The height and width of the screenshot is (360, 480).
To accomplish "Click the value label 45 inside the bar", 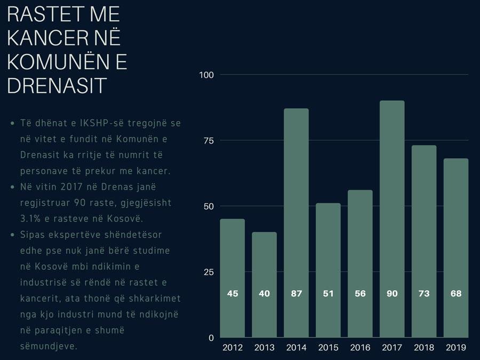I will click(x=233, y=293).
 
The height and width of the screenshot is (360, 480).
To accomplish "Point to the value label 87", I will click(x=296, y=293).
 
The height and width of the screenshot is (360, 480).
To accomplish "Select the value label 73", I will click(x=424, y=293).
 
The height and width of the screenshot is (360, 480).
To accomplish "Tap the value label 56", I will click(x=360, y=293).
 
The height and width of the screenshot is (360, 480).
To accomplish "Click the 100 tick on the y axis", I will click(x=206, y=75).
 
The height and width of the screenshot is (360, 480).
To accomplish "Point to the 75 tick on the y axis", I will click(x=208, y=141).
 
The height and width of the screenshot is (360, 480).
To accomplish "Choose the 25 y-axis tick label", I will click(x=208, y=272).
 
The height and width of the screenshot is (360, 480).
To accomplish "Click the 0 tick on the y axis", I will click(x=211, y=338).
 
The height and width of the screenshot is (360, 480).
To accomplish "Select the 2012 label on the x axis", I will click(x=233, y=348).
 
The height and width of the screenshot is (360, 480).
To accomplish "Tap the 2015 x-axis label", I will click(x=328, y=348).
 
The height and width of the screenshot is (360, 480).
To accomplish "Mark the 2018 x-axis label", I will click(x=424, y=348).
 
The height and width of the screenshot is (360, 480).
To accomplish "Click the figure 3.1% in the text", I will click(x=31, y=219).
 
